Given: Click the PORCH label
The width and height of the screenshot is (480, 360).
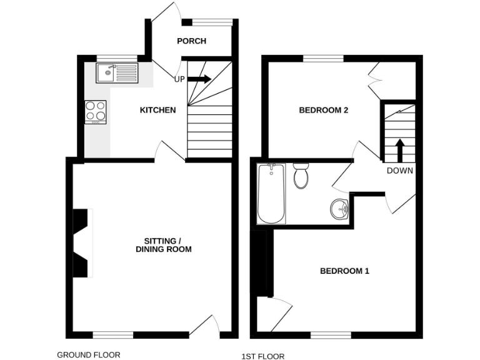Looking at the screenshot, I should [191, 41].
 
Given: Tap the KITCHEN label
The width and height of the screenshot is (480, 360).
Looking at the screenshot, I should [157, 110].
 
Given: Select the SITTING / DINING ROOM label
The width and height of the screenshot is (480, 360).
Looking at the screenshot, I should [163, 245].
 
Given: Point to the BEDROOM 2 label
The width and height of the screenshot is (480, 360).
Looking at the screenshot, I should [323, 110].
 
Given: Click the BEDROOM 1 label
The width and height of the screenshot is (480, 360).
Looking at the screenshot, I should [344, 271].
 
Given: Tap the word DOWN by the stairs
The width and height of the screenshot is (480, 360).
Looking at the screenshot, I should [399, 170].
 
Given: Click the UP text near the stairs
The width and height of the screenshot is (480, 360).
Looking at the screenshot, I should [179, 79].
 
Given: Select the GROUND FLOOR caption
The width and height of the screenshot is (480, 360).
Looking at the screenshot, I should [89, 354].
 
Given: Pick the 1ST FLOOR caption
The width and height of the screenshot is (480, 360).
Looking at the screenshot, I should [262, 356].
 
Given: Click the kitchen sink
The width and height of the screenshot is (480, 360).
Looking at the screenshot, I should [116, 73].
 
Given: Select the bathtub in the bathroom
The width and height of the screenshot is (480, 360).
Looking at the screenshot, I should [271, 193].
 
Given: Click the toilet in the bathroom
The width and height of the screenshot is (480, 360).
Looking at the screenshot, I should [301, 175].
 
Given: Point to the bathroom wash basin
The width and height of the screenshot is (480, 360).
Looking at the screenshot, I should [339, 208].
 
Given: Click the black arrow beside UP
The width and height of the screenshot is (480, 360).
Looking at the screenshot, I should [199, 79].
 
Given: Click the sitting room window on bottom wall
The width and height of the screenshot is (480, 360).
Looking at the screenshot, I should [113, 334].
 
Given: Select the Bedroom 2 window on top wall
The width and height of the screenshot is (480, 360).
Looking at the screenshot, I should [323, 59].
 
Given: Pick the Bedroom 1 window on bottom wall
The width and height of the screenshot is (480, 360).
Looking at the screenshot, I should [331, 334].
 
